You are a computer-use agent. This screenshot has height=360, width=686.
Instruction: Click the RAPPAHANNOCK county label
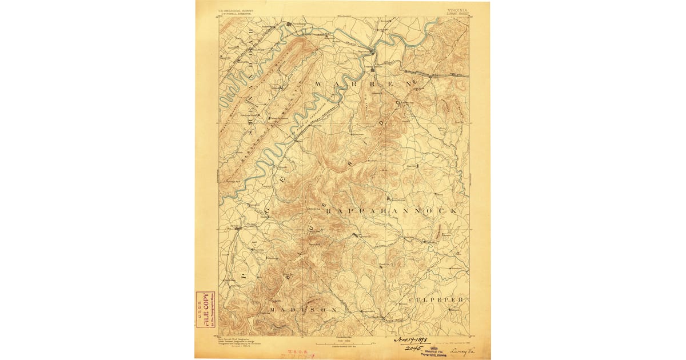(392, 211)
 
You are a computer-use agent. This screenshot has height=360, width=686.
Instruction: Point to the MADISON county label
(303, 309)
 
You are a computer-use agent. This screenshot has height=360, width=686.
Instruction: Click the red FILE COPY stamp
(202, 310)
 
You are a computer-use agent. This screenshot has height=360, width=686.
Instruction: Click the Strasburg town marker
(289, 24)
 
